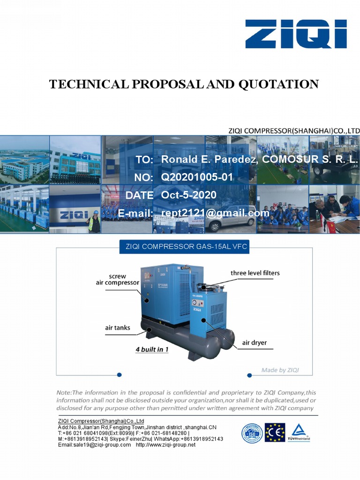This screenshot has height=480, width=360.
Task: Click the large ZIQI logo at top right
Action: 296,34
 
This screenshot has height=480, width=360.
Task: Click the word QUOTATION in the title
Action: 278,84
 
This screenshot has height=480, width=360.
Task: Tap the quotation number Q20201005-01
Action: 197,177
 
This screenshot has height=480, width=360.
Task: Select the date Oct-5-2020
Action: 189,195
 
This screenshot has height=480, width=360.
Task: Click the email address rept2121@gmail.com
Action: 215,213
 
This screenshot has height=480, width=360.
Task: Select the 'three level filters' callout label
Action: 255,273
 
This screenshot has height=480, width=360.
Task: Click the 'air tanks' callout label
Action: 117,328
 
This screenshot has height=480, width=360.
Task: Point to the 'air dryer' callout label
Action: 254,343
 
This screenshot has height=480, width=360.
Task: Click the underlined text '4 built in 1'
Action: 152,350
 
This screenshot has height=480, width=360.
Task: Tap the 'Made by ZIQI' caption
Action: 280,370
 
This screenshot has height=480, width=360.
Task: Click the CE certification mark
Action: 275,433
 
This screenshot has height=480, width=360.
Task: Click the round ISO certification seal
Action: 252,433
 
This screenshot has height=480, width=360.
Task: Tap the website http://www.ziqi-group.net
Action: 165,445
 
